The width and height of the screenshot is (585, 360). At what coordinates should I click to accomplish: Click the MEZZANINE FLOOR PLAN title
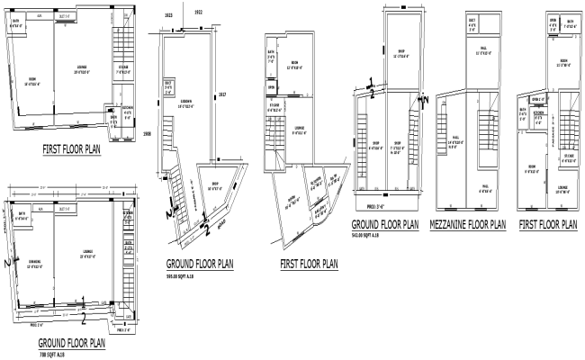(x=468, y=224)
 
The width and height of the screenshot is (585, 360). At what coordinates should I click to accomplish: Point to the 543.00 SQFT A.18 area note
(x=372, y=235)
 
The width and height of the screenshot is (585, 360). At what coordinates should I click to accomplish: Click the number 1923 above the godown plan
(x=169, y=16)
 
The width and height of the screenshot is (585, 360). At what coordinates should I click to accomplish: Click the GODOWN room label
(x=188, y=102)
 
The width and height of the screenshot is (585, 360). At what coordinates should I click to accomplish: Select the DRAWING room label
(x=35, y=240)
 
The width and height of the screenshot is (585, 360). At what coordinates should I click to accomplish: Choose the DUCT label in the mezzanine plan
(x=473, y=23)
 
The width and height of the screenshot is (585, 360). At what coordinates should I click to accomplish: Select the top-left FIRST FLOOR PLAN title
(x=71, y=151)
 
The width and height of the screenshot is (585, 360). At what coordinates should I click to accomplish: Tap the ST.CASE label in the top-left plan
(x=122, y=68)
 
